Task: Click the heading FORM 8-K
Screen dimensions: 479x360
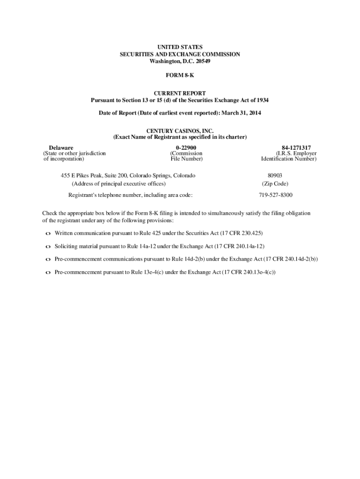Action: (180, 74)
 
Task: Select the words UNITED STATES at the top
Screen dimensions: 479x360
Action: (180, 47)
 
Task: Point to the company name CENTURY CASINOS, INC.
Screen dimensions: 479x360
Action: (180, 131)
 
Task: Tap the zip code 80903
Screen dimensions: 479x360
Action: (275, 175)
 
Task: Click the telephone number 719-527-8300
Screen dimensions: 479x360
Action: (276, 195)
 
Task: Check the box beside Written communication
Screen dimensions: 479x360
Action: (48, 233)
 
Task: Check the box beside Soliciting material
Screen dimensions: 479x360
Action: (48, 247)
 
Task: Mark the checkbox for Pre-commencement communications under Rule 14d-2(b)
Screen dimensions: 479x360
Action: (48, 259)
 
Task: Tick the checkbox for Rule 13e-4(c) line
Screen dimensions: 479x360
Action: (48, 272)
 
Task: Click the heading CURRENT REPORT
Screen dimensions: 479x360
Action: (180, 94)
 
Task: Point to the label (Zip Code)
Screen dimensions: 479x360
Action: (275, 184)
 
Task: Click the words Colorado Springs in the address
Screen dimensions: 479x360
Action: (152, 175)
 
